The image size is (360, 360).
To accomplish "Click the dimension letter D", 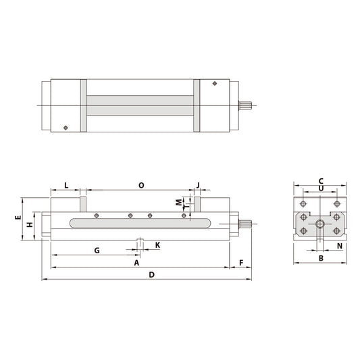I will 152,275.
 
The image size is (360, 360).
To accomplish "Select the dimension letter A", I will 137,262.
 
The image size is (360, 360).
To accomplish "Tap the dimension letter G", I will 97,250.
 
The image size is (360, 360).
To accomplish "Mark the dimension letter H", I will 29,224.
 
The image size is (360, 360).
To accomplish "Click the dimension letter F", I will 240,262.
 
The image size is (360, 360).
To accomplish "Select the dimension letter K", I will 157,245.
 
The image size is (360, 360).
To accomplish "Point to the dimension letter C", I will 321,180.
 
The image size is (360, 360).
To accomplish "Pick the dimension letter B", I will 321,258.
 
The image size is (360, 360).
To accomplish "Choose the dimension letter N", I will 339,246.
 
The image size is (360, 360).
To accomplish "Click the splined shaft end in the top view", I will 247,105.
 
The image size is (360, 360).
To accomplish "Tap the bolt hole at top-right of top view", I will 214,84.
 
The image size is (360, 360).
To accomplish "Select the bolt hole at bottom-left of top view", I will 65,126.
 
